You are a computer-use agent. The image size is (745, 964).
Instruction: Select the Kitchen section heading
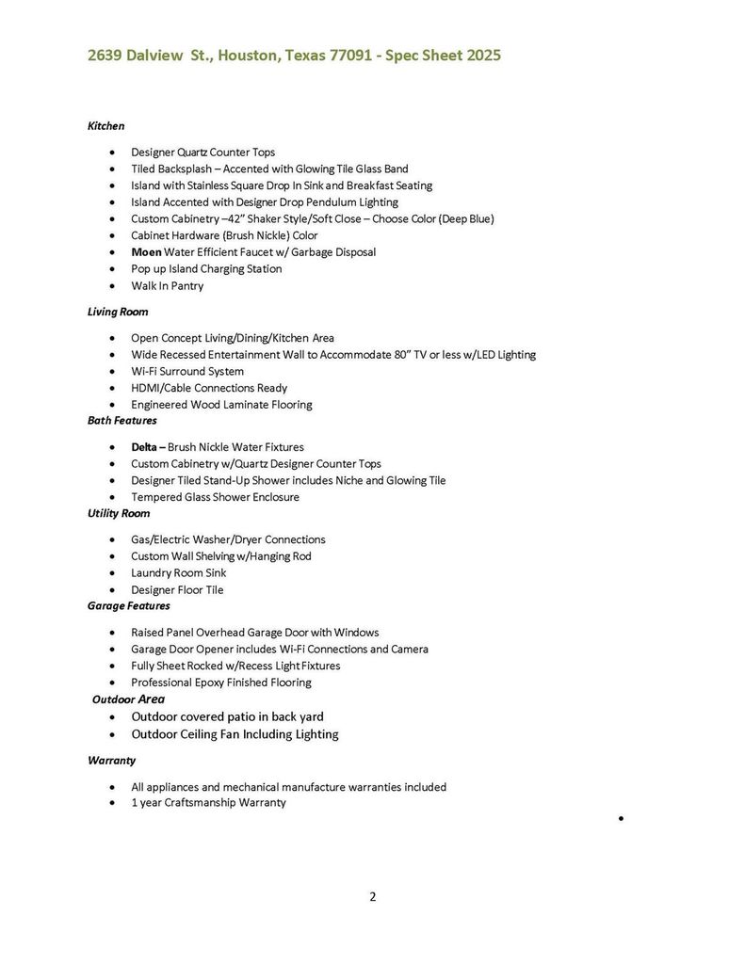[105, 125]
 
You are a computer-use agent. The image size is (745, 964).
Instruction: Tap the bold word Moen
[146, 252]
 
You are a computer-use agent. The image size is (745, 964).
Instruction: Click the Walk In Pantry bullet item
[167, 286]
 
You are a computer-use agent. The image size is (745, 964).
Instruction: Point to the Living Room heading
[118, 312]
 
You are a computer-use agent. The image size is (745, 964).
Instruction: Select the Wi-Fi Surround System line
[187, 372]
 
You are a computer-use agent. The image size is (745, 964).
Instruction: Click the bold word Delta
[145, 447]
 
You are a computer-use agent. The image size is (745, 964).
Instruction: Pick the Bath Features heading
[122, 421]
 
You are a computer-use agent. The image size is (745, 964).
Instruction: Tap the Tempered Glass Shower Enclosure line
[215, 497]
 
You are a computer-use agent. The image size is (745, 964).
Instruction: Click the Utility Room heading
[119, 514]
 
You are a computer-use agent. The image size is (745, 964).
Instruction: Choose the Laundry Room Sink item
[178, 573]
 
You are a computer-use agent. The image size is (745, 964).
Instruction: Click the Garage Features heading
[128, 606]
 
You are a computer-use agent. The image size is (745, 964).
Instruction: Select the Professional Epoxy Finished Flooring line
[221, 683]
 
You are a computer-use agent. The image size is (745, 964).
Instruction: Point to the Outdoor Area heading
[128, 699]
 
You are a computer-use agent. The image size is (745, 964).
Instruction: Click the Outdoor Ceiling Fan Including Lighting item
[235, 734]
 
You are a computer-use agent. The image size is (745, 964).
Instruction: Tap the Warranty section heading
[112, 761]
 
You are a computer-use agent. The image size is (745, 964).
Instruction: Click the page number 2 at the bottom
[372, 897]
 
